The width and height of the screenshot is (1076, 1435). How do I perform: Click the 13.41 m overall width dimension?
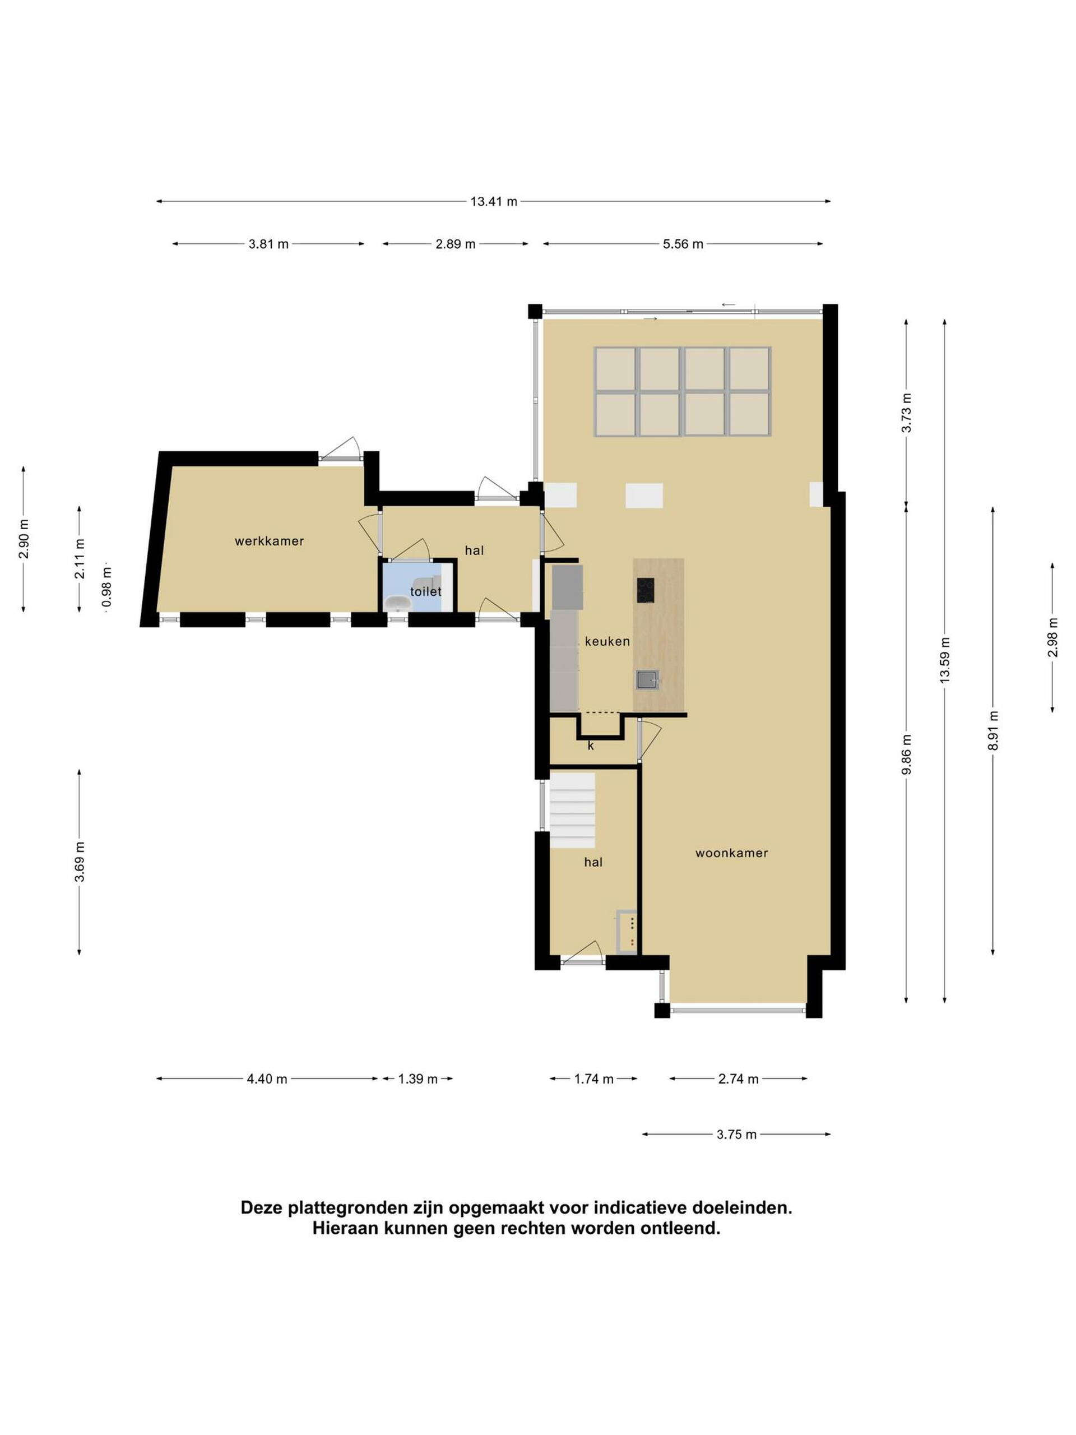click(x=494, y=201)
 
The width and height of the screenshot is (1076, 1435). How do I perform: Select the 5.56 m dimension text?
click(x=683, y=244)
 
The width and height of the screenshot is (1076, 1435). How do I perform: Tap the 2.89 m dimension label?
click(x=455, y=244)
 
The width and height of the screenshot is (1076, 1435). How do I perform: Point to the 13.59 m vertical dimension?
click(x=944, y=659)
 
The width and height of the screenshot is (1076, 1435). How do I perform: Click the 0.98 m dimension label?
click(x=107, y=587)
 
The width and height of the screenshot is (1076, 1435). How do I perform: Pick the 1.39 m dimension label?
click(x=418, y=1079)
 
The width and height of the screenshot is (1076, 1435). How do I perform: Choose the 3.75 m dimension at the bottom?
click(x=736, y=1135)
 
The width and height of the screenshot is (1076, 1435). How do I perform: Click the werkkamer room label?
click(x=269, y=541)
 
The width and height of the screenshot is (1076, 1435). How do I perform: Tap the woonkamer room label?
click(x=731, y=853)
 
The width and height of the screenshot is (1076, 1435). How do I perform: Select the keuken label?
click(x=607, y=642)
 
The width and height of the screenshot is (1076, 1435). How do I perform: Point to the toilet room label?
click(x=425, y=591)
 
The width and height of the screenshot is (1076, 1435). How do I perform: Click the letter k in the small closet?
click(x=590, y=746)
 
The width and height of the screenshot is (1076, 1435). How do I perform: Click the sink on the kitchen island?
click(x=647, y=679)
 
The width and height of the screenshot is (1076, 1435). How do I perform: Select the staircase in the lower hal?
click(x=572, y=809)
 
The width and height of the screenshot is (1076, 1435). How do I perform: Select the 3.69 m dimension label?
click(x=79, y=862)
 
